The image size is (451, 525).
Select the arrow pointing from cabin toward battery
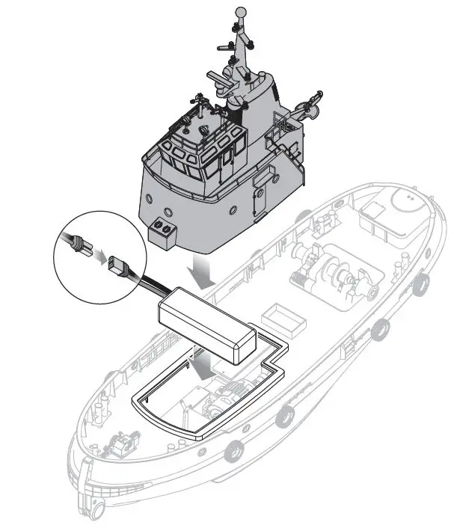tap(203, 271)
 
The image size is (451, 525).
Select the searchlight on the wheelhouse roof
tap(203, 130)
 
